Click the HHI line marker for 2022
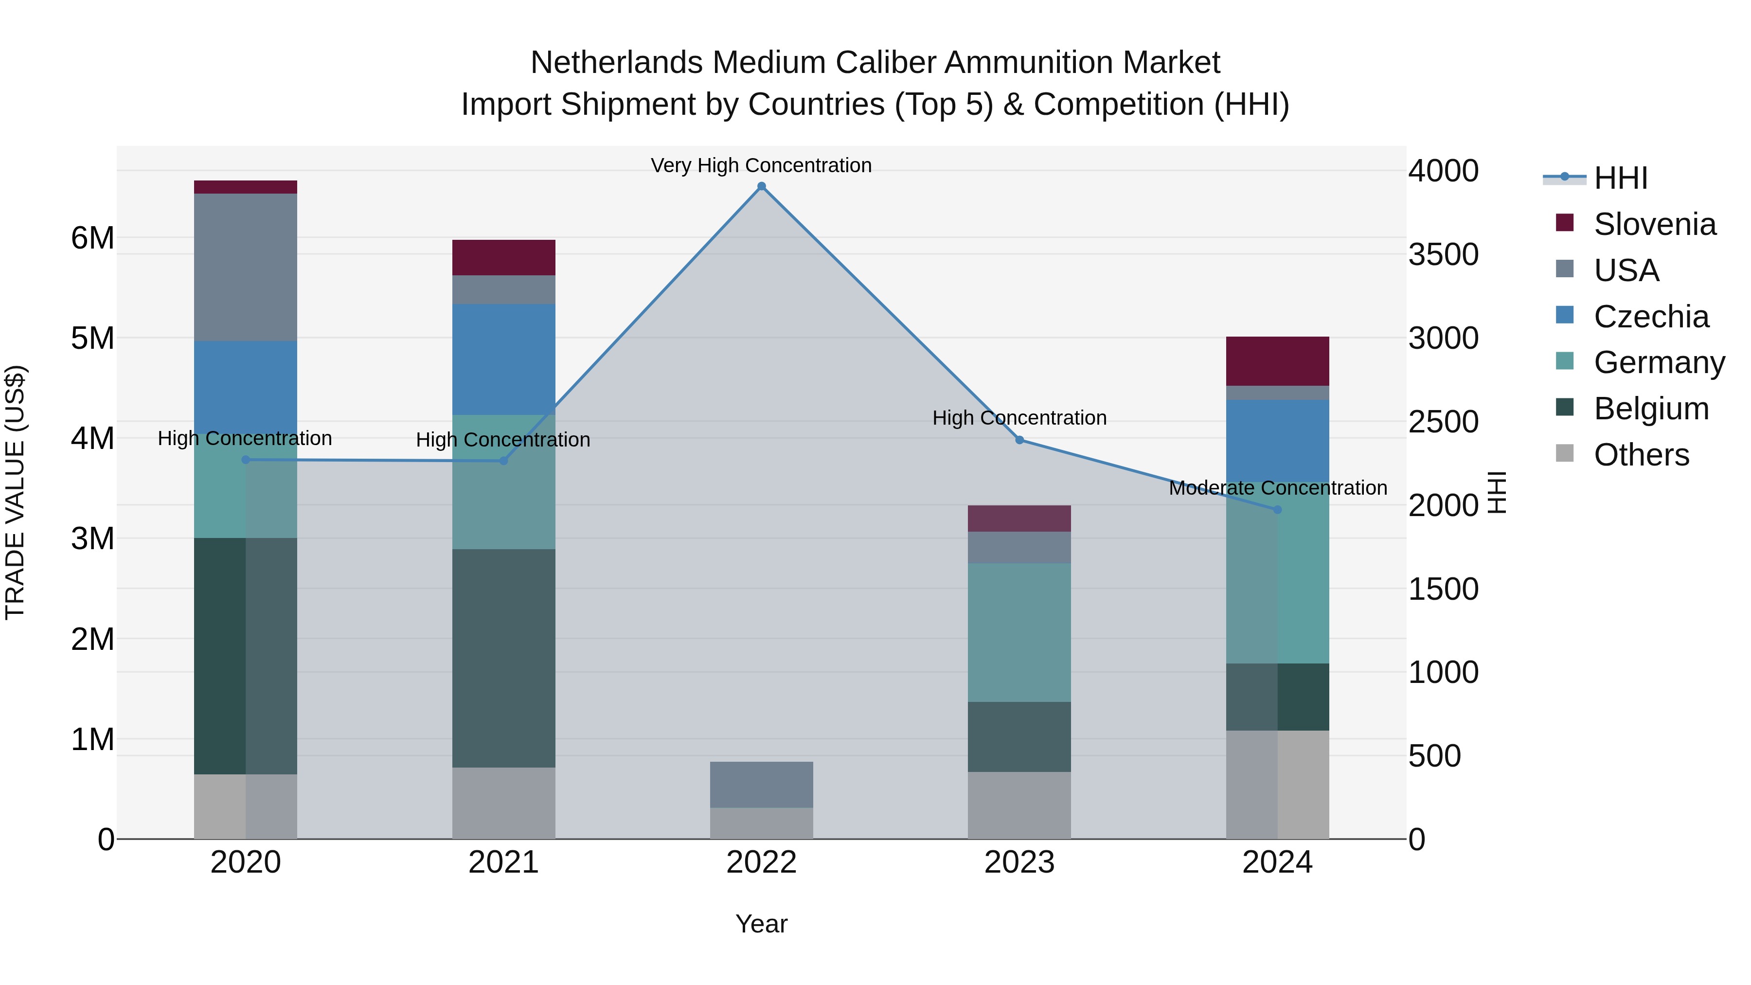point(761,186)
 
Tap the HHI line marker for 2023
point(1019,440)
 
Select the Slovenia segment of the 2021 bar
point(504,258)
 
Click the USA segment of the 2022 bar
point(761,785)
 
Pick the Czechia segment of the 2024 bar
point(1277,441)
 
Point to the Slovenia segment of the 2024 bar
point(1277,361)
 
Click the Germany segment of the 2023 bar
point(1019,632)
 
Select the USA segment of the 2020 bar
point(246,267)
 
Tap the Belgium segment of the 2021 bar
point(504,658)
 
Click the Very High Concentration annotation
point(761,165)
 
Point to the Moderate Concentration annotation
point(1278,487)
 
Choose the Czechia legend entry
point(1650,317)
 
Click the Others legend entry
point(1641,455)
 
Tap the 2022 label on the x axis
point(761,862)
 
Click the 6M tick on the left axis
point(92,238)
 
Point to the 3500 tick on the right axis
point(1443,254)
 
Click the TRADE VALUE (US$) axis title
point(15,492)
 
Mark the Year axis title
point(761,924)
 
